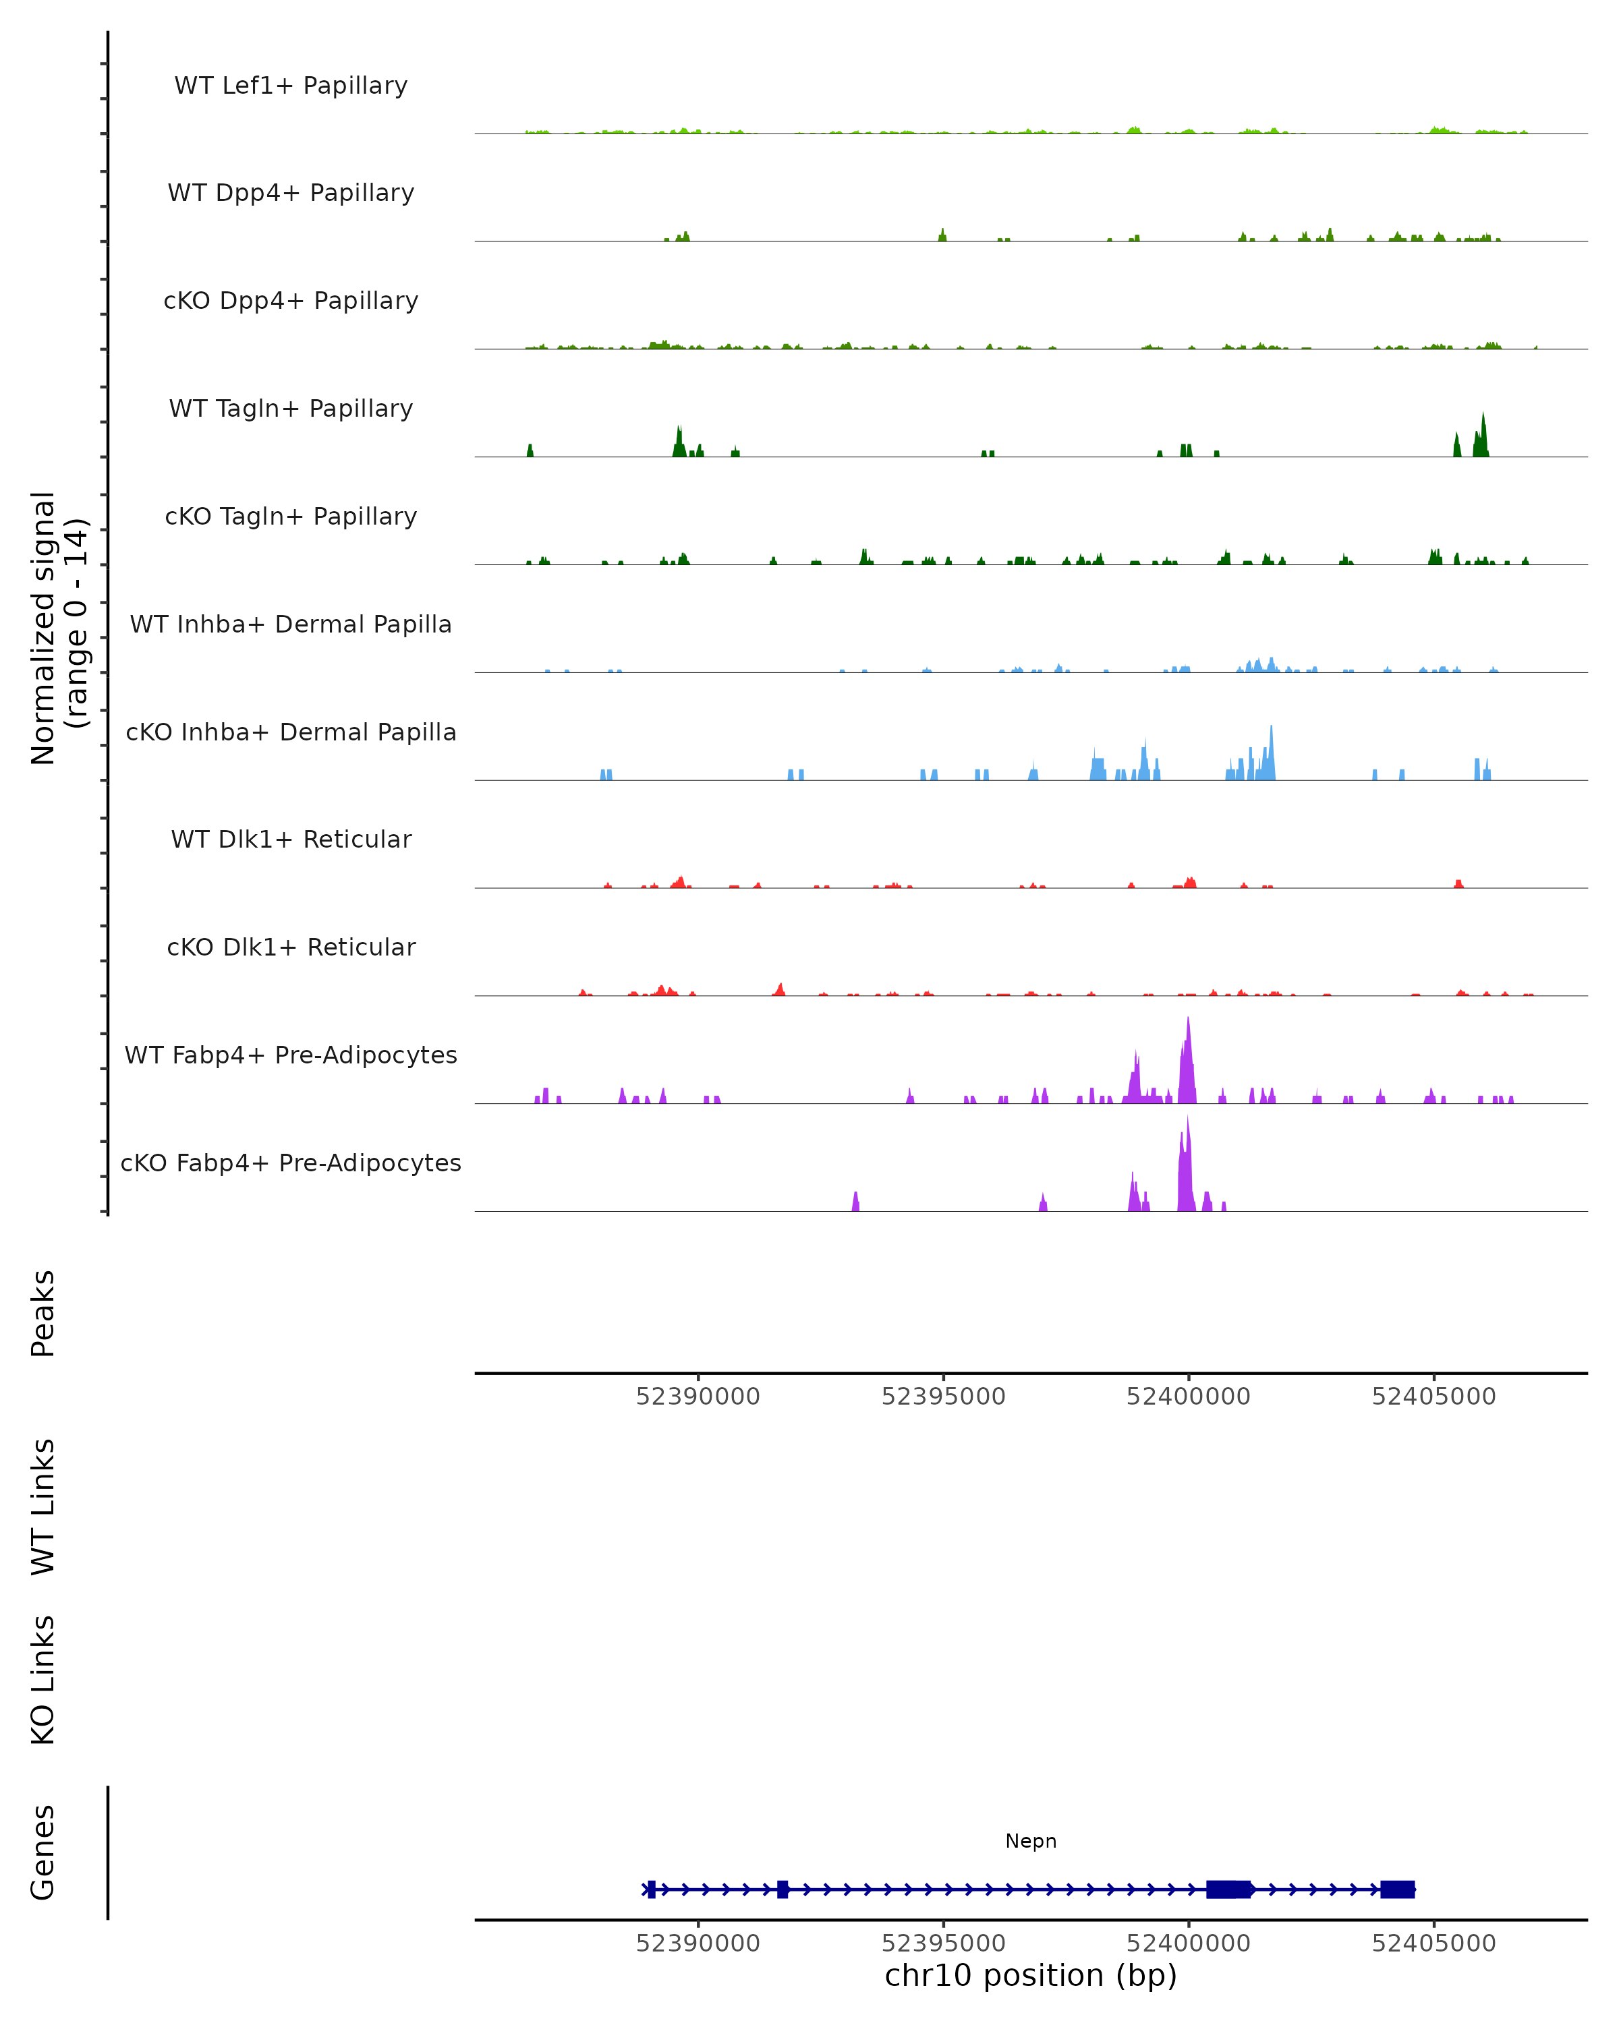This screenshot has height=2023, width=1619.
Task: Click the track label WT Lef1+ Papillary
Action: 291,86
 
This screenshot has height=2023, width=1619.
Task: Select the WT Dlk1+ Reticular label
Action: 291,839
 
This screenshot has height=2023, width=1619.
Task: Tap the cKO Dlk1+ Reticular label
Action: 291,947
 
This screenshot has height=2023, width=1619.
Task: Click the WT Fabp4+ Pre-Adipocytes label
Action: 291,1055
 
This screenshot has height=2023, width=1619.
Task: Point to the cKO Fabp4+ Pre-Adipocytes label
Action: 291,1163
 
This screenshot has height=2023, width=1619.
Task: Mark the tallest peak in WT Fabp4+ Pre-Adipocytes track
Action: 1188,1020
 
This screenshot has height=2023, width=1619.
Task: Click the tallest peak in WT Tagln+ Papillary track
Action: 1483,415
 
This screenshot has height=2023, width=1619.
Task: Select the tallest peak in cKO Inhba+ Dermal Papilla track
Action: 1272,728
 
